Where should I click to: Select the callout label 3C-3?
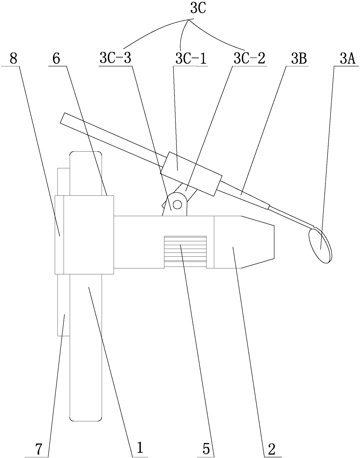pos(115,59)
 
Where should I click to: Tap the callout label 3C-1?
pos(191,59)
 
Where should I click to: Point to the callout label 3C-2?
pos(249,59)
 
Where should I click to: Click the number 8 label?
pos(13,59)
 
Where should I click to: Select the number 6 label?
pos(56,59)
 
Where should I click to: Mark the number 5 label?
pos(206,450)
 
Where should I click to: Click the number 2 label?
pos(271,450)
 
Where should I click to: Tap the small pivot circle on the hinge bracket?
pos(178,204)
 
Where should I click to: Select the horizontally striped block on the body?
pos(185,252)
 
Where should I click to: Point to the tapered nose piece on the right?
pos(244,242)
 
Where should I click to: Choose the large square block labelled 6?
pos(88,234)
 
